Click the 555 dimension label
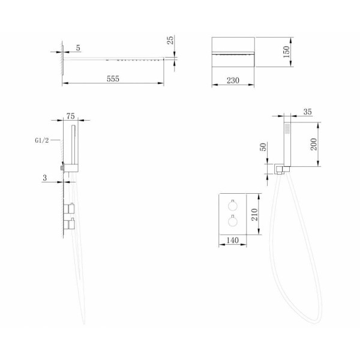113,79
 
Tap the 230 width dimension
233,80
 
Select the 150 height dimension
286,52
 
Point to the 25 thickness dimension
170,40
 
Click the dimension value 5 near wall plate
78,48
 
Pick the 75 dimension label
70,116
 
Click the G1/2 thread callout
42,140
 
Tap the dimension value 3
44,178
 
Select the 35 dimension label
308,112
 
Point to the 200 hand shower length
314,144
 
